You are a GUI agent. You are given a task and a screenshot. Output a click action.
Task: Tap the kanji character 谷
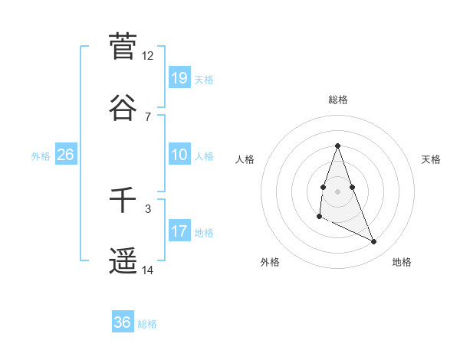coord(123,107)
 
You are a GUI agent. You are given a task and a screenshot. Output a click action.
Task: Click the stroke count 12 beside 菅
coord(148,56)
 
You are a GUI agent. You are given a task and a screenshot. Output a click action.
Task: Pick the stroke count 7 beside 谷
coord(148,116)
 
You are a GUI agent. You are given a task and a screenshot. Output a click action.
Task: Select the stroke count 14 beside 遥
coord(148,270)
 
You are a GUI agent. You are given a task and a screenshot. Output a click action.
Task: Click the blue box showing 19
coord(179,77)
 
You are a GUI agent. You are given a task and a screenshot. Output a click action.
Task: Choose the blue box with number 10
coord(179,155)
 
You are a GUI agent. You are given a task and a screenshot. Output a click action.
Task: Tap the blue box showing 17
coord(179,231)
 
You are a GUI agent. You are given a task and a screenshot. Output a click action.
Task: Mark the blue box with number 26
coord(65,155)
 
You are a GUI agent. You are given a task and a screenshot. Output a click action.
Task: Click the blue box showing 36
coord(123,322)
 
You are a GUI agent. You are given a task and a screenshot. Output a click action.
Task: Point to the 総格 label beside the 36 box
coord(147,324)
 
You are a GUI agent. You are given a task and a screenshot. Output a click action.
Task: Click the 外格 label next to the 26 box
coord(41,156)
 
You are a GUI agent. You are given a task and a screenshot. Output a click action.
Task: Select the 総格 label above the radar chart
coord(338,100)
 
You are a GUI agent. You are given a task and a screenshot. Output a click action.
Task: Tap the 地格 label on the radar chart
coord(402,262)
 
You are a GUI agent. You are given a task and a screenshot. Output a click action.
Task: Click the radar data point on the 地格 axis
coord(374,242)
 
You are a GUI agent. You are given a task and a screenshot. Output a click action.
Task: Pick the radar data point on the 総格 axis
coord(337,146)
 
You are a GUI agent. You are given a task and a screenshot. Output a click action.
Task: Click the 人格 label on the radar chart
coord(245,159)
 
